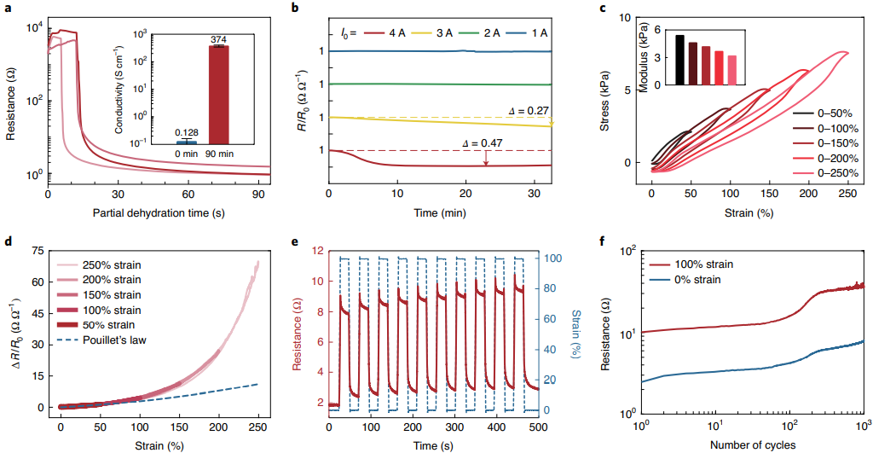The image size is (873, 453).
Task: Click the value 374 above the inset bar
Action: [219, 39]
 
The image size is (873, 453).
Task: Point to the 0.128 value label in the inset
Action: [188, 132]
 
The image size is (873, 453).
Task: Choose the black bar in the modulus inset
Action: [679, 60]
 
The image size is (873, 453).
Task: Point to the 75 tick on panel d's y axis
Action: [38, 252]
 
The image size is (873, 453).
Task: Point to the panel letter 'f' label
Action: [604, 241]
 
